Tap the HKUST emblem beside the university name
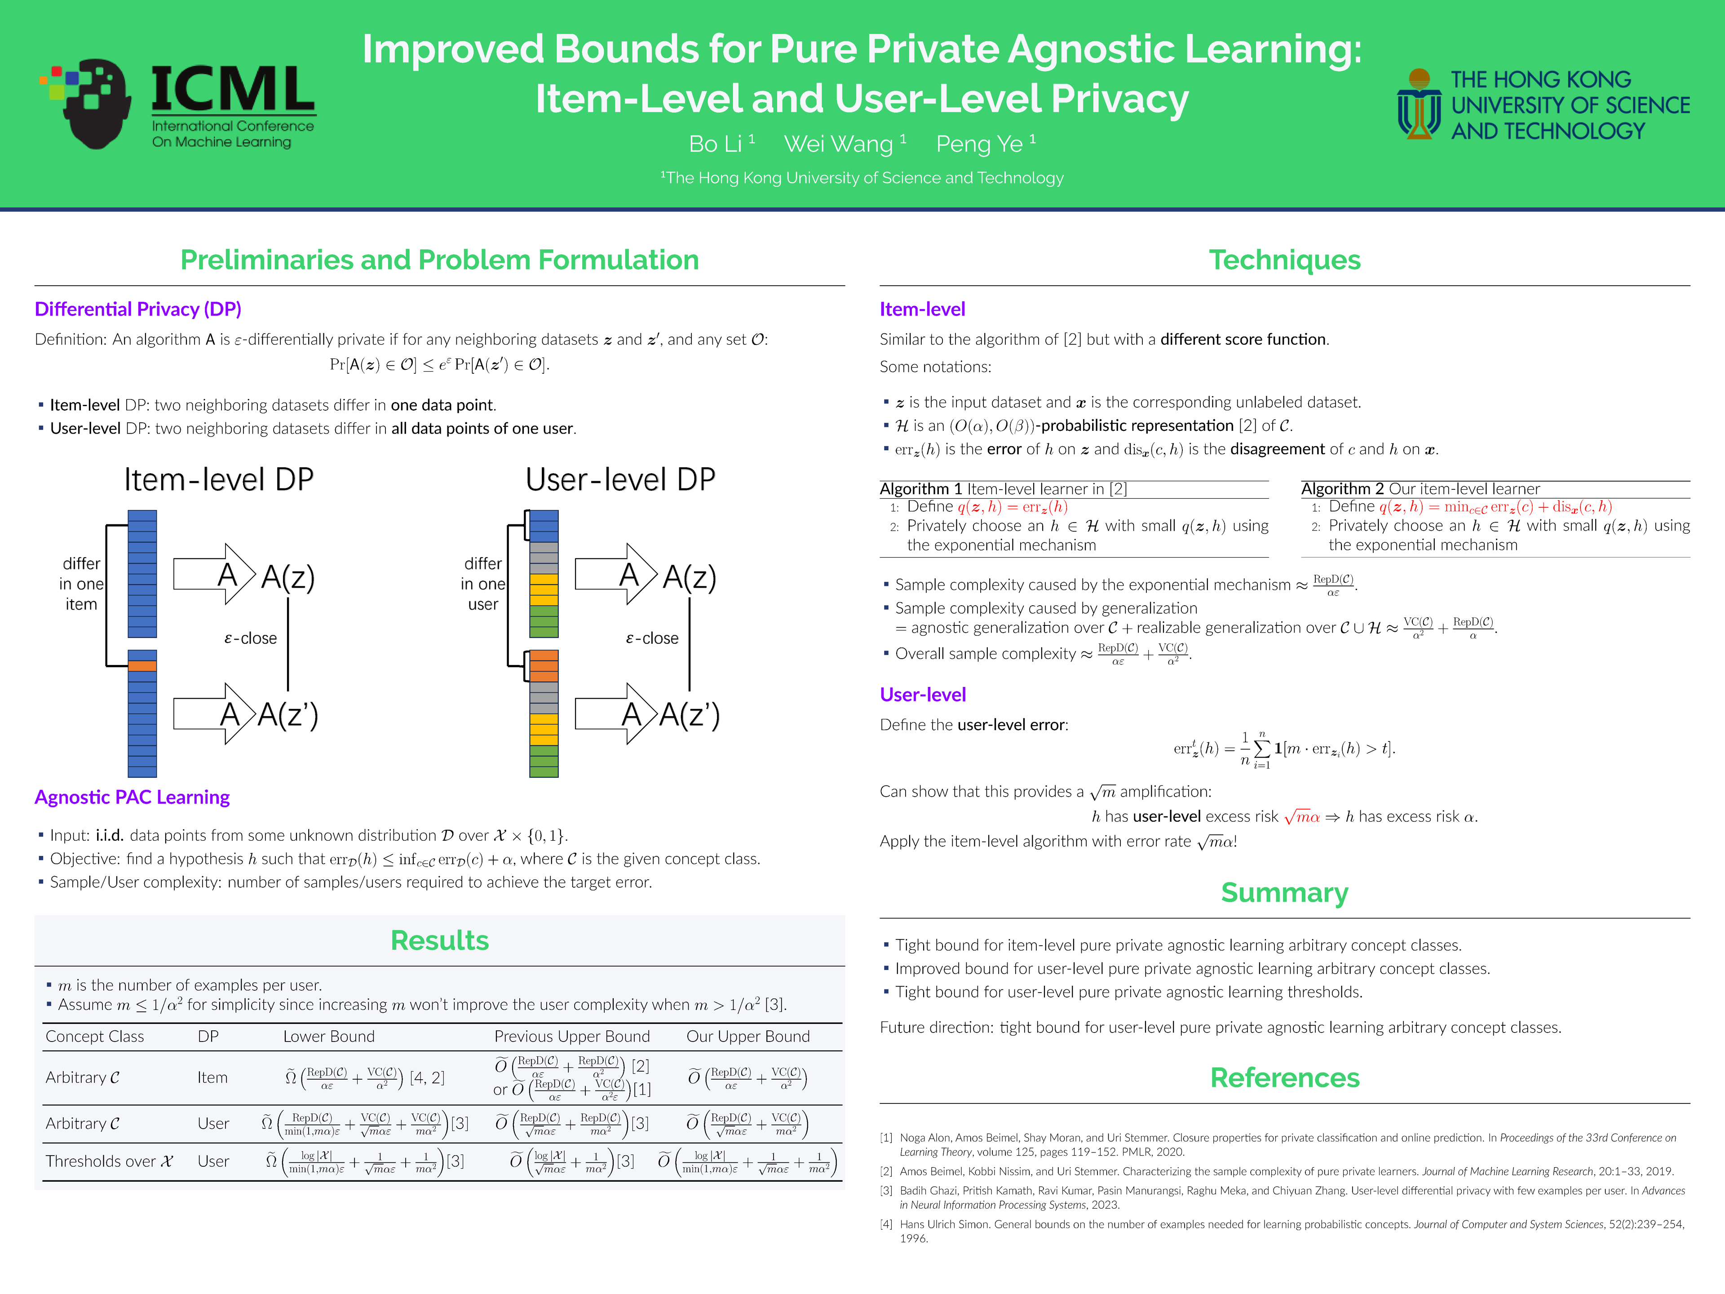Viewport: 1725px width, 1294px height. coord(1419,104)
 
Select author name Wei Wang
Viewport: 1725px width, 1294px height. coord(838,144)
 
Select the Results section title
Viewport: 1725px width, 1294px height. coord(440,941)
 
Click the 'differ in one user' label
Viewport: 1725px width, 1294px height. coord(483,584)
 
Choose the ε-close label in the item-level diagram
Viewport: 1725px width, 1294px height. coord(250,638)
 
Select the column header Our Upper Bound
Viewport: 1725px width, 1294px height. coord(748,1037)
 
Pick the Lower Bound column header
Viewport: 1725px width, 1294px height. coord(329,1037)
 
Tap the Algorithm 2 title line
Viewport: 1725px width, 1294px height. coord(1420,489)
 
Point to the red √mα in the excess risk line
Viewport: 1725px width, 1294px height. coord(1301,817)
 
